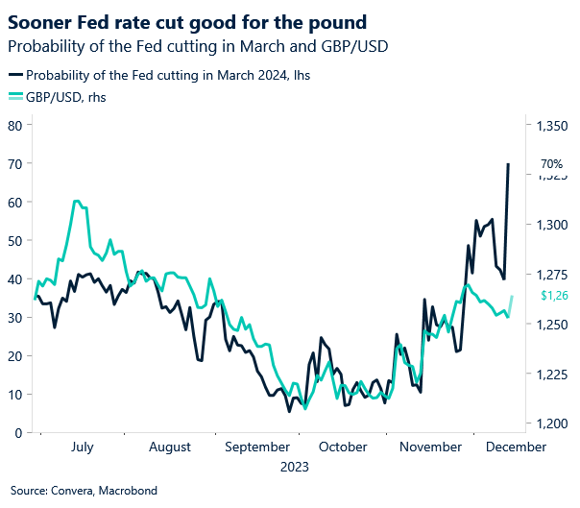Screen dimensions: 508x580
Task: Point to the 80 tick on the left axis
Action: tap(14, 125)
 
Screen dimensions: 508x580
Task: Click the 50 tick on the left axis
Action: tap(14, 240)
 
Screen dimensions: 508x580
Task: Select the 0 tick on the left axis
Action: tap(18, 433)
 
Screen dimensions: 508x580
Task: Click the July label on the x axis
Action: tap(82, 447)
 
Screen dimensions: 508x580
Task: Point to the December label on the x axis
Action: tap(518, 447)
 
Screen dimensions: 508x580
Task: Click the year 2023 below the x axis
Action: tap(295, 468)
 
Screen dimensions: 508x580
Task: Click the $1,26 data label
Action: tap(554, 296)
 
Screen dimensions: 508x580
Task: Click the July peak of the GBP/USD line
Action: tap(76, 201)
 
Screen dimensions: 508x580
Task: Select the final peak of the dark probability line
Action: tap(508, 164)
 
